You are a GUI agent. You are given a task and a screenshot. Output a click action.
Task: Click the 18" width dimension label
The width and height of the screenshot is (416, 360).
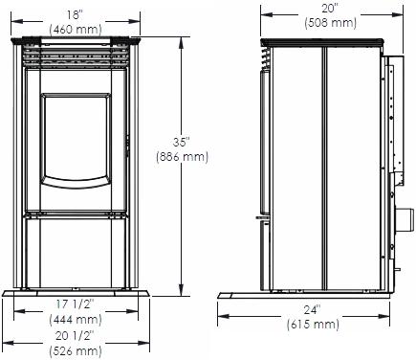pyautogui.click(x=76, y=15)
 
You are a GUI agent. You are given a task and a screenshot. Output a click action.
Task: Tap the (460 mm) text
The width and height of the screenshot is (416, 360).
pyautogui.click(x=76, y=30)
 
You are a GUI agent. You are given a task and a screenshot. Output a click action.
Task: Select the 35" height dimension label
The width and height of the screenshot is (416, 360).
pyautogui.click(x=182, y=142)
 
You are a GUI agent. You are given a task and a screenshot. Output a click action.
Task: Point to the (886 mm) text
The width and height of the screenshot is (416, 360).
pyautogui.click(x=182, y=157)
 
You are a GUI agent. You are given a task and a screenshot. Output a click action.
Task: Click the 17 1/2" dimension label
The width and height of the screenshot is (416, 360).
pyautogui.click(x=76, y=304)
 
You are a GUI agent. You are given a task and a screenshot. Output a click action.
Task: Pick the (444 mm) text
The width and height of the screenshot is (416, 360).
pyautogui.click(x=76, y=320)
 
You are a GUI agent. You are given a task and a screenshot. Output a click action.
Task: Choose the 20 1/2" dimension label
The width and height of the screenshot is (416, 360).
pyautogui.click(x=76, y=336)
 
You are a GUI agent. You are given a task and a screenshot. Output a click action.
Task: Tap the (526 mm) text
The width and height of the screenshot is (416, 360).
pyautogui.click(x=76, y=351)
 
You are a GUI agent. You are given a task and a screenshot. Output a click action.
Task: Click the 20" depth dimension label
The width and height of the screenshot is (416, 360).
pyautogui.click(x=330, y=9)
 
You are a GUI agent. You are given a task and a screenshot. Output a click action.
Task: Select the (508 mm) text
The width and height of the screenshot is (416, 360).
pyautogui.click(x=330, y=23)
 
